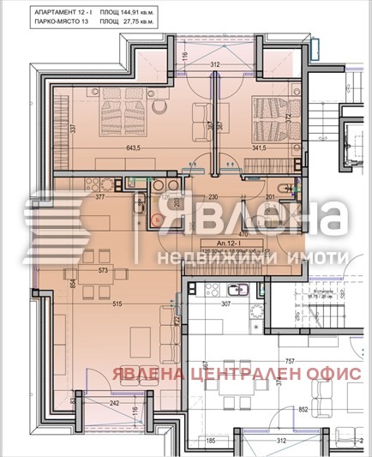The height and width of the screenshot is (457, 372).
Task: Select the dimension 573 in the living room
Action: (x=104, y=270)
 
